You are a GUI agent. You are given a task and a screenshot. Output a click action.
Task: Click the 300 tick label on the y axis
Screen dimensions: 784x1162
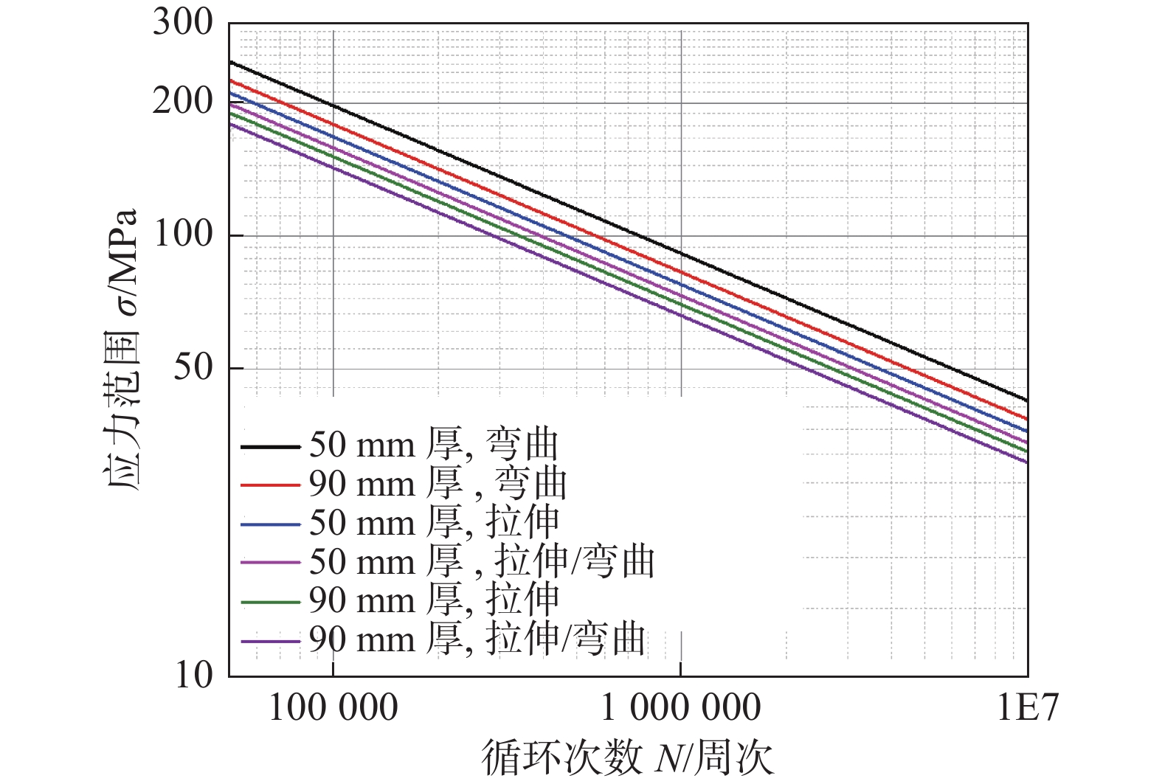(182, 23)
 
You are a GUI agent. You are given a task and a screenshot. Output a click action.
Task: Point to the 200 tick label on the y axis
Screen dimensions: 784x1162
(182, 102)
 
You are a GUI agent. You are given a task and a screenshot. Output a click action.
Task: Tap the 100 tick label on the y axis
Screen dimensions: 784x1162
(182, 235)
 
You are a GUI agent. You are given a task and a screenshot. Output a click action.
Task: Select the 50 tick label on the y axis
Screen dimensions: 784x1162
(193, 367)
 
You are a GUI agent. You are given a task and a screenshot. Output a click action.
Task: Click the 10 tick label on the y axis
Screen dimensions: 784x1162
(193, 675)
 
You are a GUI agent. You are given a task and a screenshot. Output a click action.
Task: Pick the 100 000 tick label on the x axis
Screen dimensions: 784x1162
(333, 709)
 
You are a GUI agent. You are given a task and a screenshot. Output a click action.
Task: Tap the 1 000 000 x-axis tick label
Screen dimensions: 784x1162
(680, 709)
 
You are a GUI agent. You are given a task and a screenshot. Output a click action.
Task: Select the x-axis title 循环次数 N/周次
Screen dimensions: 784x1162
(627, 758)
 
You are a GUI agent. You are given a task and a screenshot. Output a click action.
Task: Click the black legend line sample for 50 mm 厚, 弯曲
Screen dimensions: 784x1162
(270, 447)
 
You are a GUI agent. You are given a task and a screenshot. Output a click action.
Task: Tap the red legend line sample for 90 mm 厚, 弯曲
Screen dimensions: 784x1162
(270, 485)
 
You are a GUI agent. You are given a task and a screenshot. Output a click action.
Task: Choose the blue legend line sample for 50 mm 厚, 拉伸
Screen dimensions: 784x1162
(270, 524)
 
